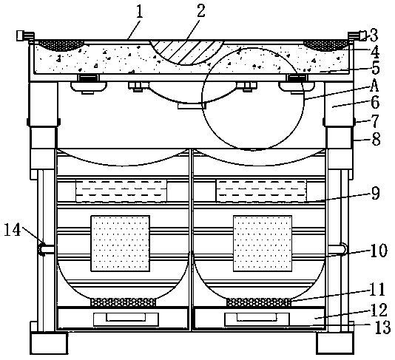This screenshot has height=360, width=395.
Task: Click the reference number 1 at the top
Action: click(x=139, y=13)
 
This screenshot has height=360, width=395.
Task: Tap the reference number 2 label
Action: click(x=200, y=11)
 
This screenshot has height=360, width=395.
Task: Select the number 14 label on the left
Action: click(x=13, y=230)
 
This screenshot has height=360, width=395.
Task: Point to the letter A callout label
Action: click(x=374, y=86)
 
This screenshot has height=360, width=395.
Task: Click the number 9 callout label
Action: click(x=375, y=194)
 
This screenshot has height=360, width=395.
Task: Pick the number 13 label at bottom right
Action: click(x=383, y=327)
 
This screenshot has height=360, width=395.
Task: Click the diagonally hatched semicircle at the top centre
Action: click(x=186, y=52)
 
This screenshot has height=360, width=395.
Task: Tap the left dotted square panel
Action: click(x=120, y=243)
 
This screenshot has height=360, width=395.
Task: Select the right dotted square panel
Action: click(x=263, y=243)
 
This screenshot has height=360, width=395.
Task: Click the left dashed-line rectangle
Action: click(x=121, y=191)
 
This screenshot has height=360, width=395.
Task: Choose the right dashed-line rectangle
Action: click(x=262, y=191)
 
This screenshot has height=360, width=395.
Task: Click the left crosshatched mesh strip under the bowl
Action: click(x=124, y=302)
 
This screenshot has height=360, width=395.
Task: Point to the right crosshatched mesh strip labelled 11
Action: click(x=259, y=302)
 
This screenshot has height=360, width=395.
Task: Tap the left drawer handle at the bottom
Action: click(x=126, y=319)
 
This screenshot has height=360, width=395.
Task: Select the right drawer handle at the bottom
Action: click(x=257, y=319)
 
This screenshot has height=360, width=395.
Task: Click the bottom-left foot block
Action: click(x=50, y=343)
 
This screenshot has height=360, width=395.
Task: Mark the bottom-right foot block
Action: click(x=335, y=343)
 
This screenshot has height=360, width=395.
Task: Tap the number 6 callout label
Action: click(x=375, y=103)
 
